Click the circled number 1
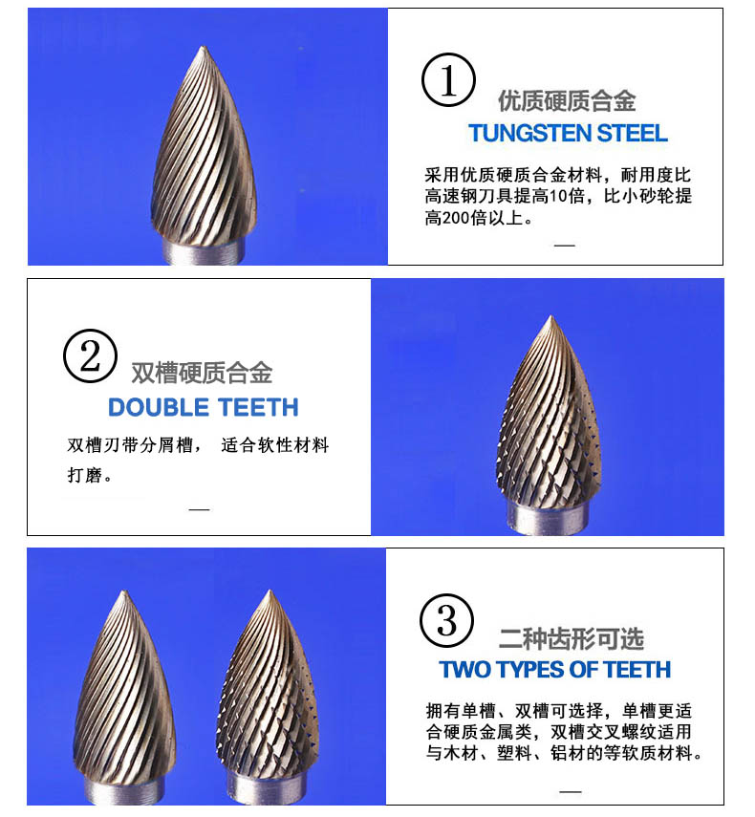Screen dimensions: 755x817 click(x=448, y=79)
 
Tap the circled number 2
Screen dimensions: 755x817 click(x=90, y=355)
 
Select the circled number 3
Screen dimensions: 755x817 click(x=446, y=620)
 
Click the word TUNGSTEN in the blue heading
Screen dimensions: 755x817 click(x=528, y=134)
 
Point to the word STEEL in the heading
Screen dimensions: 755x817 click(x=632, y=134)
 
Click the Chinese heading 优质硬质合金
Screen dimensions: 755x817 click(x=567, y=100)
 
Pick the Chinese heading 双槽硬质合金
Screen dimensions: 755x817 click(x=202, y=373)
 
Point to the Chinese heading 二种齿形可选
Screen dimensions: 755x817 click(x=572, y=639)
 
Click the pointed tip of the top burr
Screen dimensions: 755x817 click(x=204, y=47)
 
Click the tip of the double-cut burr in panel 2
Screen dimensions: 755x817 click(x=550, y=316)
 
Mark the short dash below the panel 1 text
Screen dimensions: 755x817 click(x=564, y=245)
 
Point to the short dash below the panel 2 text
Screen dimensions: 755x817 click(x=199, y=509)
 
